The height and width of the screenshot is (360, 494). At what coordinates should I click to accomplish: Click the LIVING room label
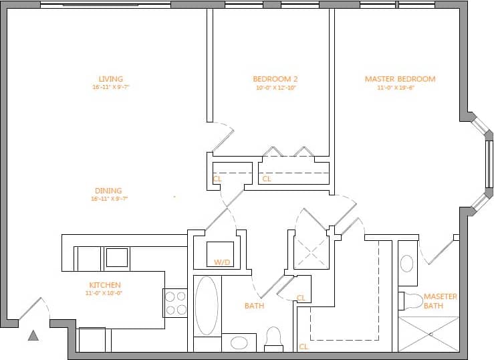[x=110, y=79]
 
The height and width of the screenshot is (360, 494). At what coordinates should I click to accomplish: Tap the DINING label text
[x=109, y=191]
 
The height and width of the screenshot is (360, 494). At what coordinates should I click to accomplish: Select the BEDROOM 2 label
[x=275, y=79]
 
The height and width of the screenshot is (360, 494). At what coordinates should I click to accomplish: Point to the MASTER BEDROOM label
[x=400, y=79]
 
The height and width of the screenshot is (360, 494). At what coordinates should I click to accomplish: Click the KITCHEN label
[x=104, y=284]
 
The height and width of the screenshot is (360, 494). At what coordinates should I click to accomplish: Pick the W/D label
[x=222, y=262]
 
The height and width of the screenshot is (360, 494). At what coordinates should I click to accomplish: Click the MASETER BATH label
[x=440, y=301]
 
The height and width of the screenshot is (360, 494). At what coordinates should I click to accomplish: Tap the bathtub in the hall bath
[x=207, y=305]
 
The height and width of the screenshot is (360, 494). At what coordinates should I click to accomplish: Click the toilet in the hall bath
[x=273, y=338]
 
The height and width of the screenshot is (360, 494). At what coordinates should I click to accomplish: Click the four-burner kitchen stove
[x=175, y=302]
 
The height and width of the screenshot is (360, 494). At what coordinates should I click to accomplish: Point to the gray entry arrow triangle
[x=33, y=336]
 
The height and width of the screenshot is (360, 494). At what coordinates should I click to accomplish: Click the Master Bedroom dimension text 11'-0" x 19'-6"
[x=400, y=88]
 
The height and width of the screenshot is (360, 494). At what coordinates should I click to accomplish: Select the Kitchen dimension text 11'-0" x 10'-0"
[x=104, y=293]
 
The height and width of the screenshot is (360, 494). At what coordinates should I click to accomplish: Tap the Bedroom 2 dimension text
[x=275, y=88]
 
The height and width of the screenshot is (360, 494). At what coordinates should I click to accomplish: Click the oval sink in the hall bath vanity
[x=239, y=343]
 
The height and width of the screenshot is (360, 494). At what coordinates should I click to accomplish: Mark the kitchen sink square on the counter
[x=117, y=258]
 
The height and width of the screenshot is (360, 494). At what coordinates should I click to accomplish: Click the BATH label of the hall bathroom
[x=254, y=306]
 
